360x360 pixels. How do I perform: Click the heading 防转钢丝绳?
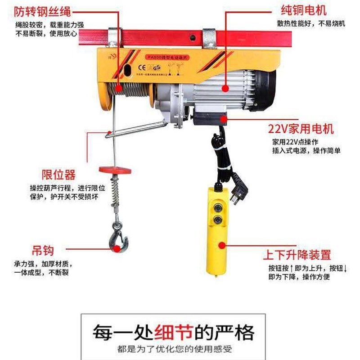43,10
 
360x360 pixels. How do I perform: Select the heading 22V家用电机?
301,129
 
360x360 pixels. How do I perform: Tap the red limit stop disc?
116,170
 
